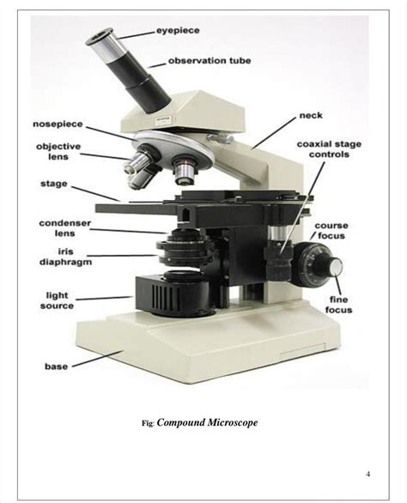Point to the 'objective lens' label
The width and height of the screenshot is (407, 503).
click(x=58, y=152)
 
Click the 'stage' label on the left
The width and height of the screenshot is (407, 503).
click(x=54, y=183)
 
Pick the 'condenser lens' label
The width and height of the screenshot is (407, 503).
click(x=59, y=227)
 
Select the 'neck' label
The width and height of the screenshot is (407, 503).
click(x=310, y=115)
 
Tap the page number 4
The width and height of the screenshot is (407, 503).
click(x=368, y=474)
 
